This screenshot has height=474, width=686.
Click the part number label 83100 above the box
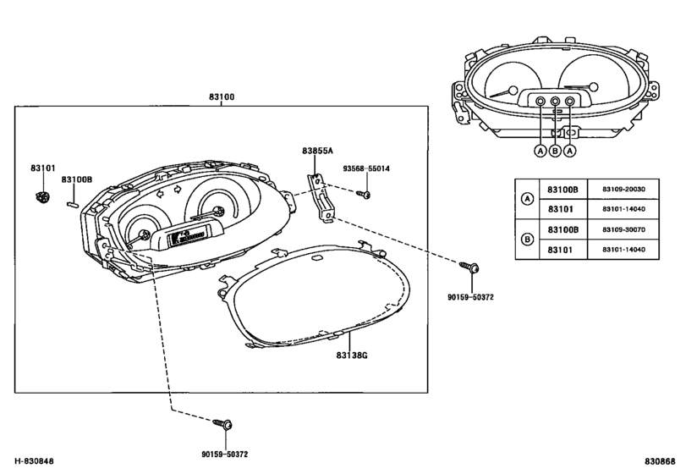(x=222, y=96)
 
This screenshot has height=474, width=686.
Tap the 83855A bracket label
(x=318, y=151)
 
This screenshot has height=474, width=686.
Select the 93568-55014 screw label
(x=366, y=168)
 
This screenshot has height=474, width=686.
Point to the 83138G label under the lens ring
(x=352, y=355)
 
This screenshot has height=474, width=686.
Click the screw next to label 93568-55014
(x=363, y=194)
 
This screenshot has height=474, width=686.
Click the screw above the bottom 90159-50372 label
(x=222, y=424)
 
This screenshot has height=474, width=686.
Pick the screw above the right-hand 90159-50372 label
(x=469, y=267)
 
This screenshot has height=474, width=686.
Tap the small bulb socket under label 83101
(x=41, y=197)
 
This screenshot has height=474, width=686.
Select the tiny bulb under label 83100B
(x=73, y=203)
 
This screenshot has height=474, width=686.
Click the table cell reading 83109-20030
(x=623, y=190)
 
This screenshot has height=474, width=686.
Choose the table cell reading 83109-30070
(x=623, y=229)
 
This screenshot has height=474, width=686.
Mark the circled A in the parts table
(x=528, y=199)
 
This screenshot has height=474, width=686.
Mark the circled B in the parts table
(x=528, y=240)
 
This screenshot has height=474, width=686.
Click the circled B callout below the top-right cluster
(x=555, y=151)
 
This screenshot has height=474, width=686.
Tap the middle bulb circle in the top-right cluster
(x=555, y=101)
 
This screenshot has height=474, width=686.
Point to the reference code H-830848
(x=34, y=461)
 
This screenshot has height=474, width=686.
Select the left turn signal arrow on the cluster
(x=160, y=192)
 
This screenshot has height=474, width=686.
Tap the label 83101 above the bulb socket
(x=43, y=168)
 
